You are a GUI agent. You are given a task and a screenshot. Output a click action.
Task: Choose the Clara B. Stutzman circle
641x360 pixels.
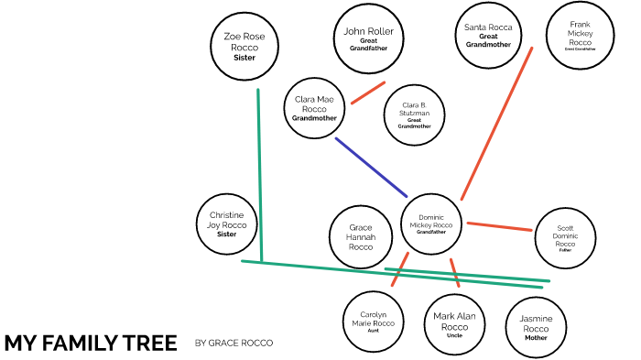pyautogui.click(x=416, y=115)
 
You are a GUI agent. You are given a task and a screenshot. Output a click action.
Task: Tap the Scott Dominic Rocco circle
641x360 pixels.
pyautogui.click(x=565, y=237)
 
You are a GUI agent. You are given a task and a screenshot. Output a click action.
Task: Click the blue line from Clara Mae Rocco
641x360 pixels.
pyautogui.click(x=370, y=166)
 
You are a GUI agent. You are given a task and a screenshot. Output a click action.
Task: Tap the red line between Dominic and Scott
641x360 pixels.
pyautogui.click(x=500, y=225)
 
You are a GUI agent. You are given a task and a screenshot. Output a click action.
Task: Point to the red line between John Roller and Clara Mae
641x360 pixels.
pyautogui.click(x=368, y=92)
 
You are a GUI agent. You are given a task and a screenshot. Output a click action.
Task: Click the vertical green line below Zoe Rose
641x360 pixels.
pyautogui.click(x=260, y=174)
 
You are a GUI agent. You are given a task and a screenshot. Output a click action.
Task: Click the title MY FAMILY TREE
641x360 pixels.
pyautogui.click(x=90, y=343)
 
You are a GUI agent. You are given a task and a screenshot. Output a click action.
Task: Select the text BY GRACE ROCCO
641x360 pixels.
pyautogui.click(x=234, y=344)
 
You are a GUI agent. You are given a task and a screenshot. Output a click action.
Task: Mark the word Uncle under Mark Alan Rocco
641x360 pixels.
pyautogui.click(x=455, y=335)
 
